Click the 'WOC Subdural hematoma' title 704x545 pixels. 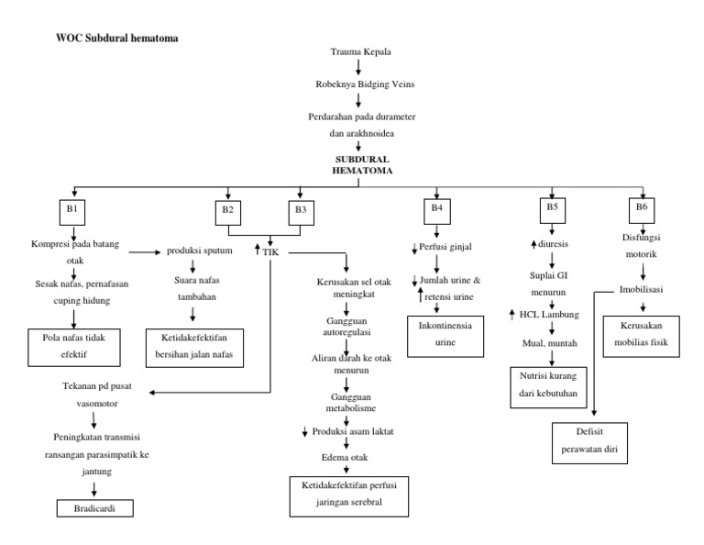[x=117, y=39]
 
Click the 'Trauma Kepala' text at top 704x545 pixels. [x=358, y=52]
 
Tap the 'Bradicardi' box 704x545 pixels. [x=94, y=506]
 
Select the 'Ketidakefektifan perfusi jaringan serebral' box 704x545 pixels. [x=347, y=493]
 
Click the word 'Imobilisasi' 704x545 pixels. [x=642, y=289]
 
